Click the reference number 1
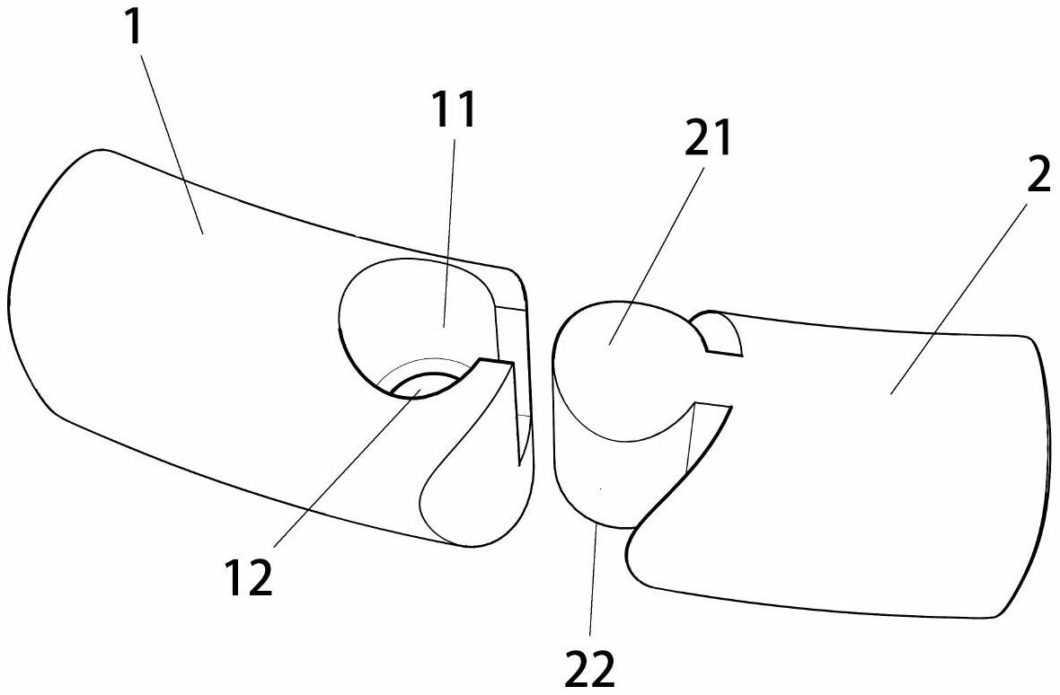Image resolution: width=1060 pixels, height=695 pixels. pos(134,28)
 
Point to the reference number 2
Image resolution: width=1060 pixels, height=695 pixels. pos(1038,176)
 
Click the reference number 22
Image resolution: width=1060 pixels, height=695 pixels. pos(590,668)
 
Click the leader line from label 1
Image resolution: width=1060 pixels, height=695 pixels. pos(171,135)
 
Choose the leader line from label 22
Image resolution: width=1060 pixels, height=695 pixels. pos(595,584)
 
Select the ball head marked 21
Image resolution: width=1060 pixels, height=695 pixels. pos(620,359)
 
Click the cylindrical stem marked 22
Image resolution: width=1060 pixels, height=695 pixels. pos(593,485)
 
